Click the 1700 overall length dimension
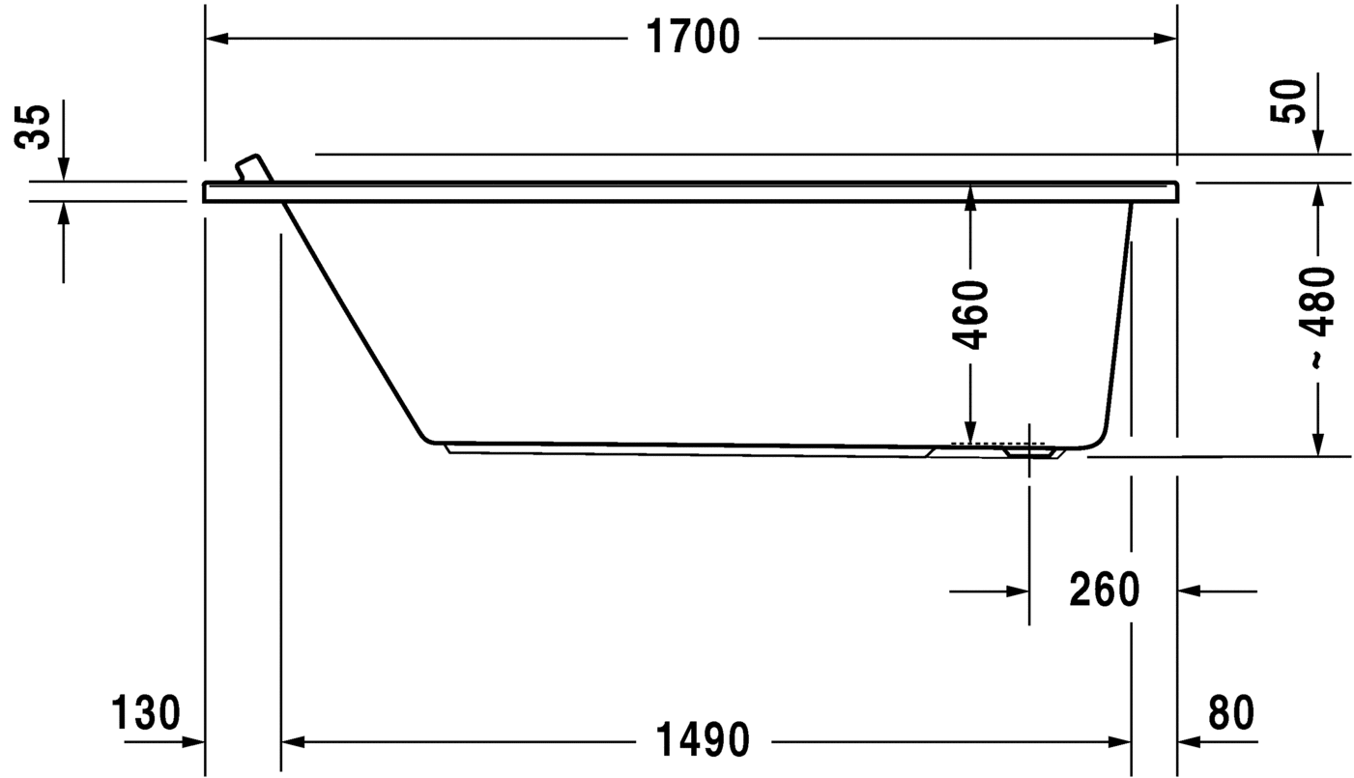[x=693, y=38]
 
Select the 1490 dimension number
[x=703, y=740]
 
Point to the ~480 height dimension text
[x=1317, y=318]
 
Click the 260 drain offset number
[x=1105, y=590]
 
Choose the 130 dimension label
[x=146, y=712]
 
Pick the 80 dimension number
[x=1231, y=712]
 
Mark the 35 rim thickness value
[x=32, y=127]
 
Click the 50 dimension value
[x=1287, y=101]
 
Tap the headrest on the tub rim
[x=254, y=167]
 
